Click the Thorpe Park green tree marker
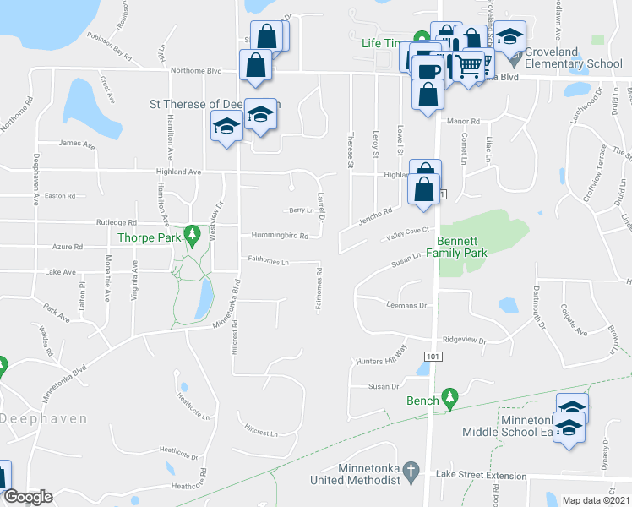[x=192, y=232]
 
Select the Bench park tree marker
[x=450, y=395]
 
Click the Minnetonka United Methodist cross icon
[x=411, y=470]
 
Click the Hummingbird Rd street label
[x=273, y=236]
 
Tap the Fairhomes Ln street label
[x=268, y=261]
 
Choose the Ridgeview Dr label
[x=465, y=340]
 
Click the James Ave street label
[x=77, y=144]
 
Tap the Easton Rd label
[x=60, y=196]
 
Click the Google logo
[x=28, y=497]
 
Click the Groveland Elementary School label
[x=573, y=57]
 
